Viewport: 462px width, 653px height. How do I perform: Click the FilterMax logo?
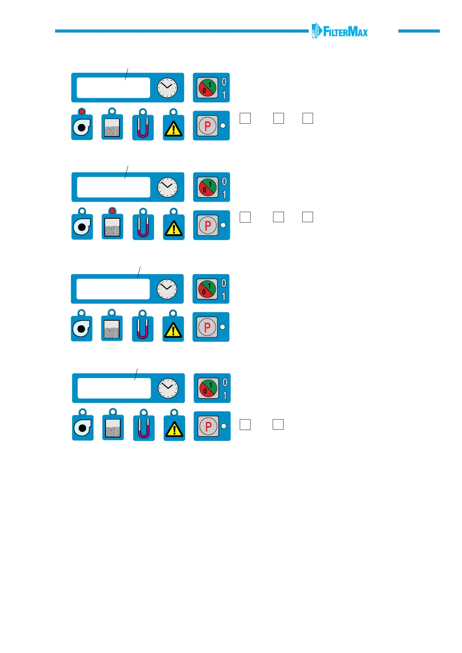pyautogui.click(x=339, y=31)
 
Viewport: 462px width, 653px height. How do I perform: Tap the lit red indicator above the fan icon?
pyautogui.click(x=82, y=112)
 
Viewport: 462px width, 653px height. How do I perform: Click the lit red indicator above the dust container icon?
pyautogui.click(x=112, y=211)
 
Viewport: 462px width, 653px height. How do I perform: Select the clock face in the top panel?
pyautogui.click(x=167, y=88)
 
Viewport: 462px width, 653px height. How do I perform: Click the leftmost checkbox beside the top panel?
pyautogui.click(x=245, y=118)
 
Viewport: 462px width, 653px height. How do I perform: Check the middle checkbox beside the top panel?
pyautogui.click(x=279, y=118)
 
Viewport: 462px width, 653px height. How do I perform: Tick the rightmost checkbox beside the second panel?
pyautogui.click(x=308, y=217)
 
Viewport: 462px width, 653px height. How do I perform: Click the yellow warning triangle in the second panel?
pyautogui.click(x=174, y=228)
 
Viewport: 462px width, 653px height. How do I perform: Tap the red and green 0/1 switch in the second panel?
pyautogui.click(x=208, y=187)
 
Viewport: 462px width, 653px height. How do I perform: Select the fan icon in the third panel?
pyautogui.click(x=81, y=329)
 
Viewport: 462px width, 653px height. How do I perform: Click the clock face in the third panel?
pyautogui.click(x=167, y=289)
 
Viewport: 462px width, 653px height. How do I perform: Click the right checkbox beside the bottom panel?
pyautogui.click(x=278, y=424)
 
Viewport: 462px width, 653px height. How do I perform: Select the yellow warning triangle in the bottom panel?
pyautogui.click(x=175, y=429)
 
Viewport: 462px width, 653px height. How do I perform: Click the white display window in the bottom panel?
pyautogui.click(x=114, y=388)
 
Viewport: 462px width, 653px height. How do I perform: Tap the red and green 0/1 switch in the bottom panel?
pyautogui.click(x=208, y=388)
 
